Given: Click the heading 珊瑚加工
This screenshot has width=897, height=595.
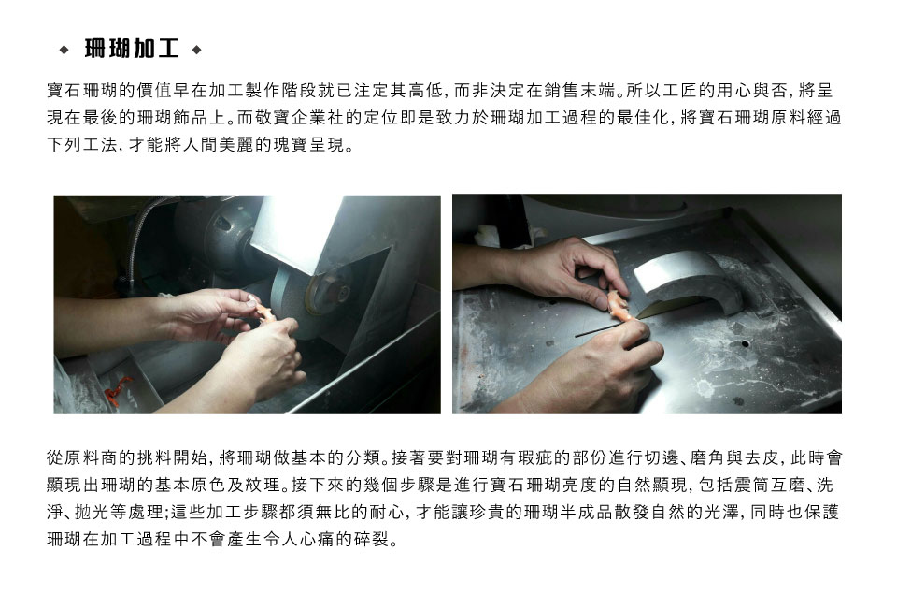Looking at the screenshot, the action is point(132,50).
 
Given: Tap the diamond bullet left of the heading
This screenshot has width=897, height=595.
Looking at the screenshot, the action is point(64,50).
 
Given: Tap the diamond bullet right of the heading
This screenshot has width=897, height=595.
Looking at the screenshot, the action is point(197,50).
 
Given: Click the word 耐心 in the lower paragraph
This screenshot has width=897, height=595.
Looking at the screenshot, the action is point(386,512).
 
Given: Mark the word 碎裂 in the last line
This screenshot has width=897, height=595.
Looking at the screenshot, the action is point(372,539).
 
